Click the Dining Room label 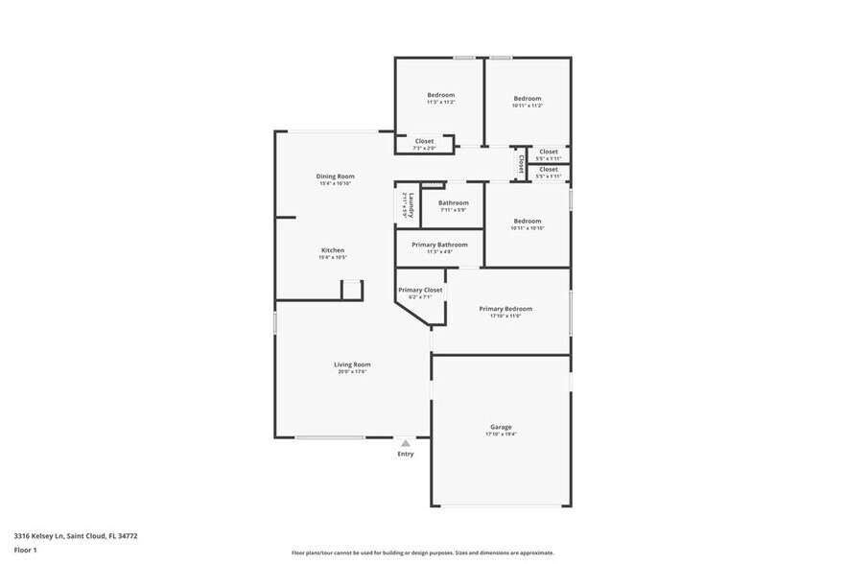336,176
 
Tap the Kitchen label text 332,250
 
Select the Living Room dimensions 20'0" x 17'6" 352,372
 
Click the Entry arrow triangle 406,443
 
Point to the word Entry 406,454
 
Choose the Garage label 501,427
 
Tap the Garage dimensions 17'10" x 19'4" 501,435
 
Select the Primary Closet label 420,290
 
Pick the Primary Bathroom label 439,245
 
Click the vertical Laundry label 411,205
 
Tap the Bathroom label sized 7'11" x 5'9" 454,202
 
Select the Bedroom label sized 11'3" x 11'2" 440,95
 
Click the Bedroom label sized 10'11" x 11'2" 527,99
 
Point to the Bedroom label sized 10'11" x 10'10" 527,221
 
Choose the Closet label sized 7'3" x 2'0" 424,141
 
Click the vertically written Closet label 521,164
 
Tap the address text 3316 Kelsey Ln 39,536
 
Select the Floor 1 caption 25,551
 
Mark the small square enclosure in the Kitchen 352,290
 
